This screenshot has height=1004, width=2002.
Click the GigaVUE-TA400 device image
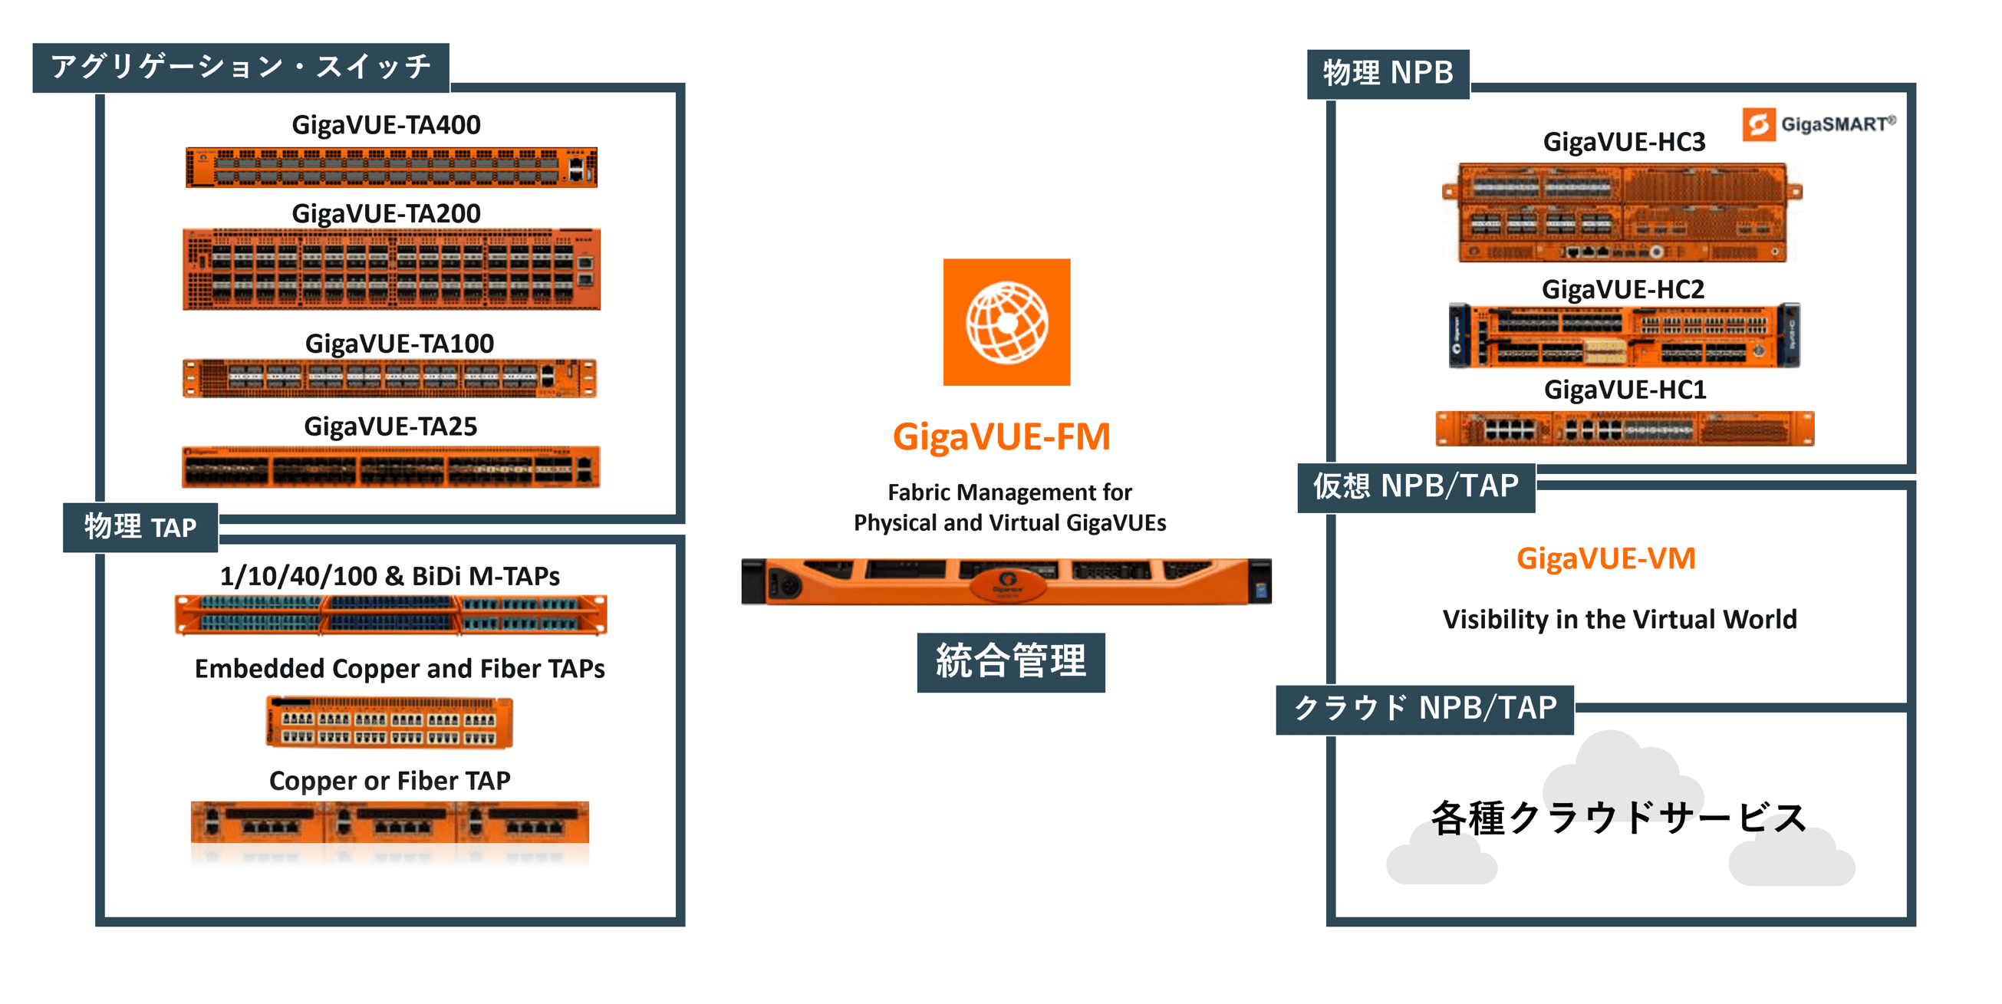pos(391,167)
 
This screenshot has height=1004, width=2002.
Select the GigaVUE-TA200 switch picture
pos(391,269)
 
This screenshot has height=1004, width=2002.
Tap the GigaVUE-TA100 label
pos(399,343)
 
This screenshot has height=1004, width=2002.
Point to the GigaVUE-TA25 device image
pos(391,467)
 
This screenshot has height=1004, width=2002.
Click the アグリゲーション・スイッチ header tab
pos(241,67)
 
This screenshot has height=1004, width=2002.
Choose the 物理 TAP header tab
pos(140,527)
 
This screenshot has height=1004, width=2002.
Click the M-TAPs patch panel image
pos(391,614)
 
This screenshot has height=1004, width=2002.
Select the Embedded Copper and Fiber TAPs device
pos(390,722)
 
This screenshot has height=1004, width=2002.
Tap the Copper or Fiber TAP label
pos(390,780)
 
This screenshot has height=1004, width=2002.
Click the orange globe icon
pos(1006,321)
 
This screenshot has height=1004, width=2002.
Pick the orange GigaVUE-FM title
pos(1001,436)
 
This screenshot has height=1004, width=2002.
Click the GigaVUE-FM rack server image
pos(1006,581)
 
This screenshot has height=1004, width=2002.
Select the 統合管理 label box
pos(1010,662)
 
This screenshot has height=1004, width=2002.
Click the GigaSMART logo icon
pos(1759,124)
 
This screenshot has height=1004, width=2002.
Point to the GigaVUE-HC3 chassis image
pos(1622,212)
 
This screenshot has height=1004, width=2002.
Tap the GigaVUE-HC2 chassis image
pos(1625,335)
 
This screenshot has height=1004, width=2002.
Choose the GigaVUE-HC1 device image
pos(1625,428)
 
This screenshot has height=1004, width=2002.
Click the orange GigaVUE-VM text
pos(1605,558)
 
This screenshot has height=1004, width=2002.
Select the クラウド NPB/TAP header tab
pos(1424,709)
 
